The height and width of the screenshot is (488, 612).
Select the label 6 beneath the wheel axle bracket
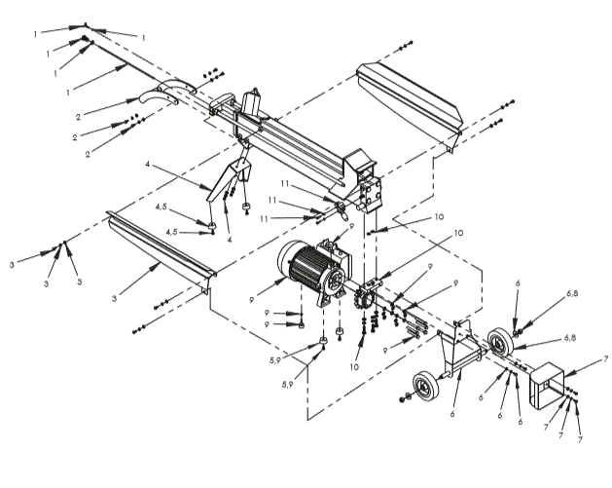[x=453, y=413]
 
